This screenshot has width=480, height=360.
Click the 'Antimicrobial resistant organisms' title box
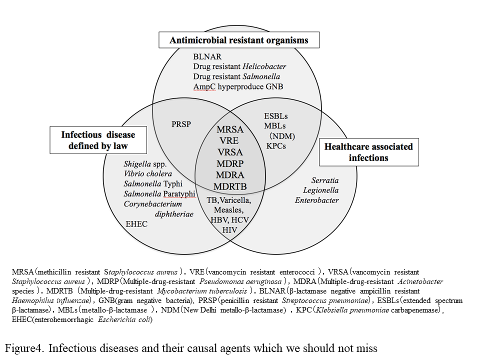click(x=238, y=40)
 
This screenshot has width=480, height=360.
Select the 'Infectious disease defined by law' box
click(x=98, y=140)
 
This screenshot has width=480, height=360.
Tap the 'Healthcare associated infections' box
click(x=368, y=152)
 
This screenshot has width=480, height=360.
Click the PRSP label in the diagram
click(x=181, y=124)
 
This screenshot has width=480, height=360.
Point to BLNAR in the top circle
click(x=207, y=57)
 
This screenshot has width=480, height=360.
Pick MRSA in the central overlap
click(x=230, y=129)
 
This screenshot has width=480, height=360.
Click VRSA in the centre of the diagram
click(x=229, y=152)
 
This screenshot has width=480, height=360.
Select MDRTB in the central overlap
click(x=230, y=186)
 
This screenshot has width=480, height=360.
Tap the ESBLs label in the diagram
click(x=276, y=116)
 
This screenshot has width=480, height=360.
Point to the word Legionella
click(x=320, y=190)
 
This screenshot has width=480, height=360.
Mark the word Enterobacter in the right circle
click(x=316, y=200)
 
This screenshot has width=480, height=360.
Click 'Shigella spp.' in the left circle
click(x=144, y=164)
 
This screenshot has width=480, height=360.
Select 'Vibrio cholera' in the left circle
click(x=147, y=174)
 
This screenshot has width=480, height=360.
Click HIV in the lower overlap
click(x=229, y=229)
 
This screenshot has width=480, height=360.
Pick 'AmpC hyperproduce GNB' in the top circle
click(x=238, y=86)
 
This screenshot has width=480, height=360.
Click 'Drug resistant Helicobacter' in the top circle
click(x=239, y=66)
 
